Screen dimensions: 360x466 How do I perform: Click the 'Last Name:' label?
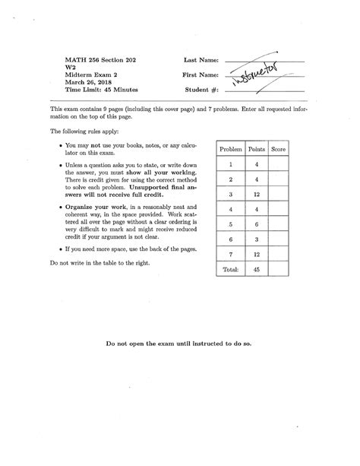point(201,59)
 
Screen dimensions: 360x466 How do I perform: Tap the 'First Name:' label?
point(201,75)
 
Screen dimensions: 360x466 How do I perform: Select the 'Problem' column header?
point(230,150)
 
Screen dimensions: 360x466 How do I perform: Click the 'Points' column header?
point(257,150)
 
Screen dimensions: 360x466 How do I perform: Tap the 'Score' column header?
point(279,150)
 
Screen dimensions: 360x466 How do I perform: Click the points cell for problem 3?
point(257,195)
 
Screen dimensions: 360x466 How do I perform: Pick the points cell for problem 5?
point(257,224)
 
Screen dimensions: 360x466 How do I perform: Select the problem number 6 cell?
point(230,239)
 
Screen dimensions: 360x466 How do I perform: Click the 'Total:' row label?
point(230,269)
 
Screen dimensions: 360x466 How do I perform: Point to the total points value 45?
point(257,269)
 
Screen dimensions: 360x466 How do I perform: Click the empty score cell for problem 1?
point(279,164)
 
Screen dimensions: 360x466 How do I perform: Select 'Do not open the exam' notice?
point(179,343)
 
